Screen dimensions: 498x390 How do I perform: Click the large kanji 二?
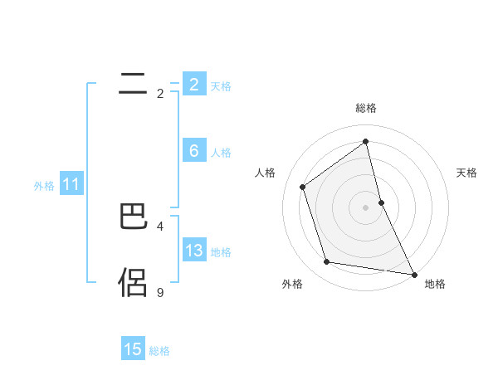coord(134,82)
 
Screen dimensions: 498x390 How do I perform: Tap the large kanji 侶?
coord(134,282)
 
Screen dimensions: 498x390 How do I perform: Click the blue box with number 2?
coord(193,85)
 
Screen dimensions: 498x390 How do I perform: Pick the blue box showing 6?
coord(193,151)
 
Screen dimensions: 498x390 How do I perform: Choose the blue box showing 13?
coord(193,251)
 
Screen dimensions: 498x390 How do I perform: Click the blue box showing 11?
coord(71,185)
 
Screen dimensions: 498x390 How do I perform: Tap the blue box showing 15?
coord(133,349)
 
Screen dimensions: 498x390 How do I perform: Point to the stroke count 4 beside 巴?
coord(160,226)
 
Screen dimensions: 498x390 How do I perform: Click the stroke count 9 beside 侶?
coord(160,292)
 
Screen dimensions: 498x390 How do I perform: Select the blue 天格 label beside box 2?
coord(221,86)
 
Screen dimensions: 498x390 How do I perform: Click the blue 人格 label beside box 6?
coord(221,153)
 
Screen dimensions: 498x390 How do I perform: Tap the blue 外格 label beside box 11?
coord(44,186)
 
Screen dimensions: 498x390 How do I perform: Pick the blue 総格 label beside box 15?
coord(159,351)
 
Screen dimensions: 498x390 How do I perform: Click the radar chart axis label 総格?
coord(366,108)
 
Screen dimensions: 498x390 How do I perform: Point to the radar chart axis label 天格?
coord(466,173)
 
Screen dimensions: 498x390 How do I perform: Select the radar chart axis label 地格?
coord(435,284)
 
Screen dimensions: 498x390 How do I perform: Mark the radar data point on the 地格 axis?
coord(413,274)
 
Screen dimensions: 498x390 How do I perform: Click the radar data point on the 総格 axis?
coord(366,141)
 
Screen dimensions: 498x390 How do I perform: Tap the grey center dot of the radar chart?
coord(366,207)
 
